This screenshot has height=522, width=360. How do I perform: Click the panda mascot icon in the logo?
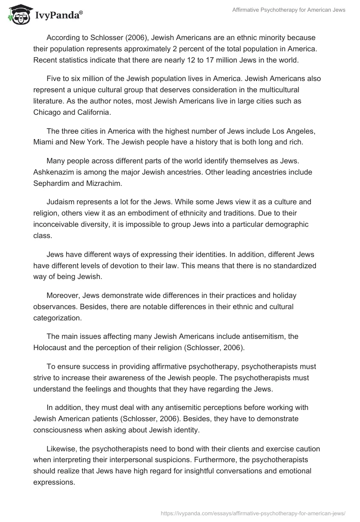click(18, 14)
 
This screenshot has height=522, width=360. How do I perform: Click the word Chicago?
click(47, 112)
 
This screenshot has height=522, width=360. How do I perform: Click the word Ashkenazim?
click(54, 171)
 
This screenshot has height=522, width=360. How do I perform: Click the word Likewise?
click(61, 450)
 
